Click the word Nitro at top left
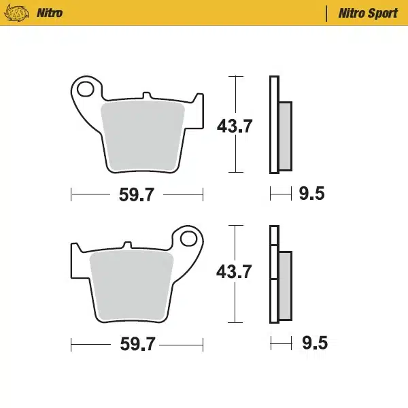(x=49, y=13)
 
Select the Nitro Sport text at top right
(x=368, y=13)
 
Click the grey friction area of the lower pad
(x=130, y=283)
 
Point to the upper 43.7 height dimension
(x=235, y=126)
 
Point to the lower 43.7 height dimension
(x=234, y=273)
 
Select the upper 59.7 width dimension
(x=137, y=196)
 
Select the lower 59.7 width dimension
(x=137, y=344)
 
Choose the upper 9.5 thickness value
(x=311, y=194)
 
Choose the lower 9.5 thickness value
(x=313, y=343)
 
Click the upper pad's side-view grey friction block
(x=285, y=136)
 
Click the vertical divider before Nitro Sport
(x=328, y=13)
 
